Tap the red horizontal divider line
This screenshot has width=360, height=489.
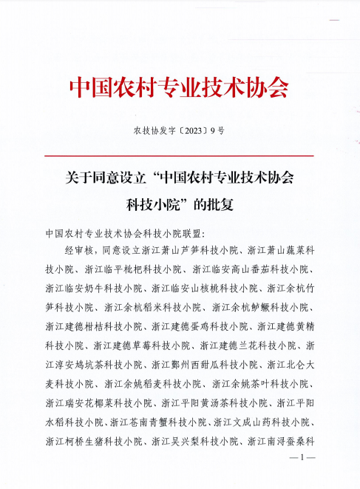coord(179,155)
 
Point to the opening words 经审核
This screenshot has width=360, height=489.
coord(81,251)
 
